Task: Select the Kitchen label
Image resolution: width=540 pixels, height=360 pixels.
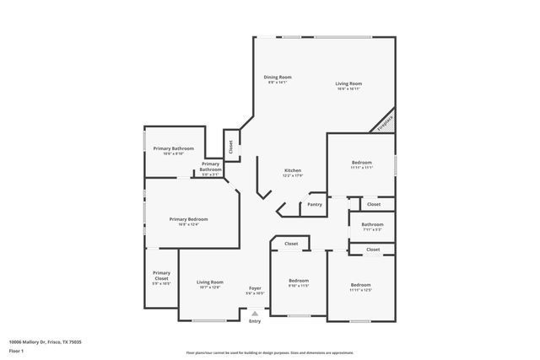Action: click(292, 170)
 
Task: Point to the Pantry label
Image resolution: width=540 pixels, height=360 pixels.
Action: click(315, 204)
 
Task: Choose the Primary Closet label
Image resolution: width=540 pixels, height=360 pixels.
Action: click(161, 275)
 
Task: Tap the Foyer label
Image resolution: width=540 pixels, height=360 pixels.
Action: click(255, 288)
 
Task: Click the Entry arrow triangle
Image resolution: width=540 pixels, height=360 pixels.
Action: click(255, 314)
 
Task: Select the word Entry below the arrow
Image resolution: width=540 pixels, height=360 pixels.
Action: click(255, 321)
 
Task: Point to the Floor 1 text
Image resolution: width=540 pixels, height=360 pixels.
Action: click(15, 350)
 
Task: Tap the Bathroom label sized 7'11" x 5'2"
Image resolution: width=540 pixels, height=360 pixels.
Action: click(372, 224)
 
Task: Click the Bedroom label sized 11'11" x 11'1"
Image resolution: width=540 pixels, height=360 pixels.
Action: click(361, 163)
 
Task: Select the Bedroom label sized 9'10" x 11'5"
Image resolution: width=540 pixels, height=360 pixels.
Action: click(299, 280)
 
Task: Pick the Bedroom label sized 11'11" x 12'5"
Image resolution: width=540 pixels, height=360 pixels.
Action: click(360, 285)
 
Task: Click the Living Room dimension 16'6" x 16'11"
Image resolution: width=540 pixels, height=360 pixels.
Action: click(348, 89)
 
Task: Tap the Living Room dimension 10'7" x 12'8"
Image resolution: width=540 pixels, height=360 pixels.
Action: click(210, 287)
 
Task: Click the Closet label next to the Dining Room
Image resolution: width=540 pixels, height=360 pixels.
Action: click(230, 147)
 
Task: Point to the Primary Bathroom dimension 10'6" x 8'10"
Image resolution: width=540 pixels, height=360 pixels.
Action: click(174, 153)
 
